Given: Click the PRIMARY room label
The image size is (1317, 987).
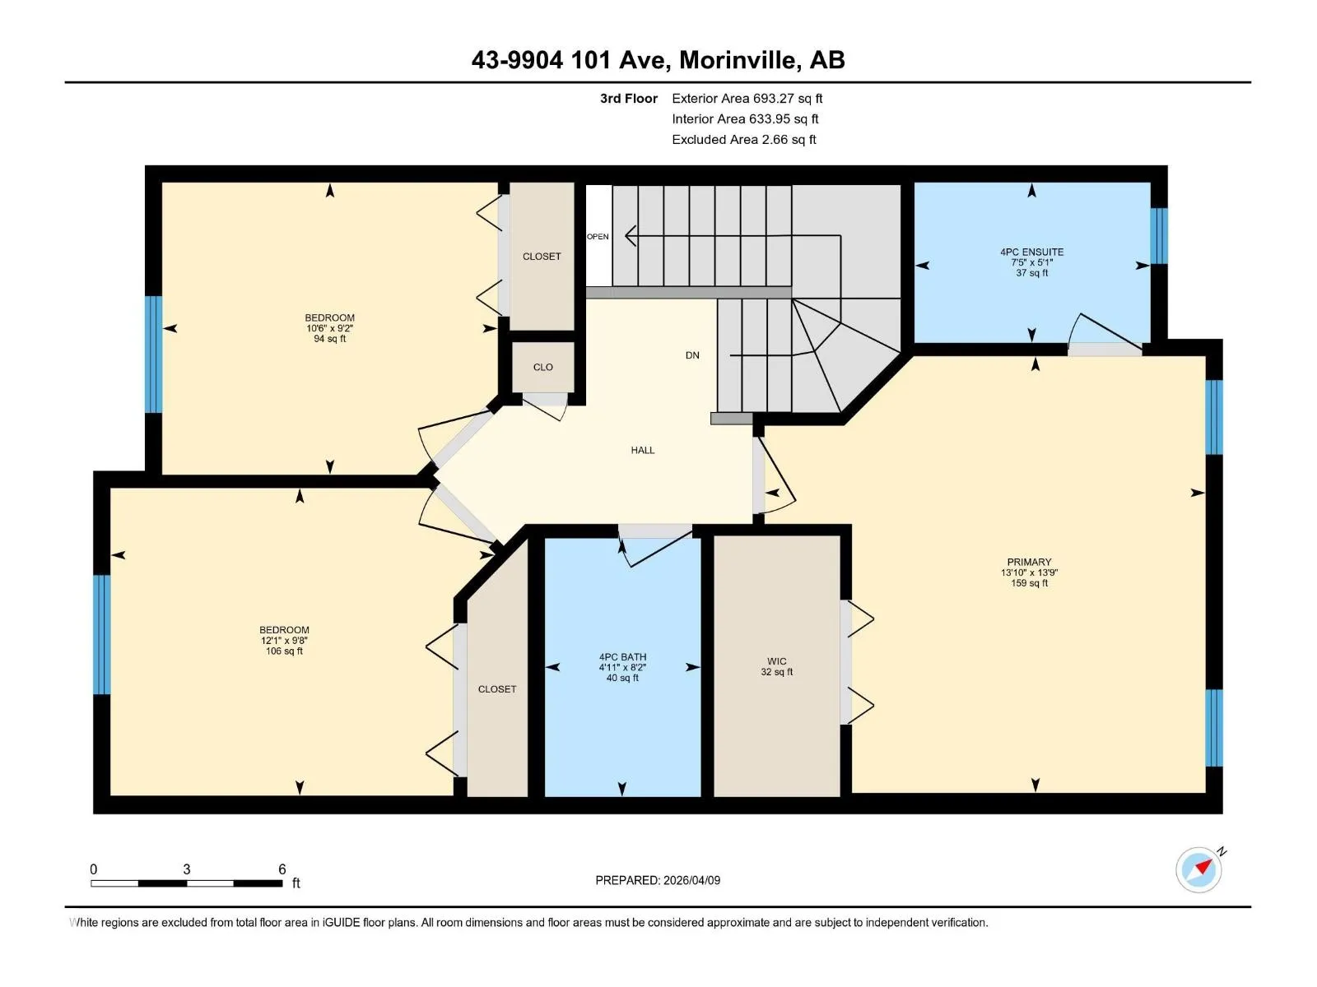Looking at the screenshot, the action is point(1028,562).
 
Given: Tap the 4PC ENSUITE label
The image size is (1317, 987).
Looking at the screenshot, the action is point(1031,253).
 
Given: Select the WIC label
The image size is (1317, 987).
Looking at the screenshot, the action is point(776,661).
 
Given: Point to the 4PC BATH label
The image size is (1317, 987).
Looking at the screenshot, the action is point(622,657).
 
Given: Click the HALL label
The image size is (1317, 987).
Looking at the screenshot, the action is point(643,450).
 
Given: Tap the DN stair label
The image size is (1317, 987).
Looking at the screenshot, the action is point(692,355).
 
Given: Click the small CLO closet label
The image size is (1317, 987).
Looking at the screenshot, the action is point(543,368).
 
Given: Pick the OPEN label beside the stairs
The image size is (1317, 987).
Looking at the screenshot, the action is point(598,237).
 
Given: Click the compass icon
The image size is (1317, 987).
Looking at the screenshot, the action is point(1198,870).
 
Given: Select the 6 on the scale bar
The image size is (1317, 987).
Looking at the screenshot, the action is point(282,869).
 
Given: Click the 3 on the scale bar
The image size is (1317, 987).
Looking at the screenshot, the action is point(187,869).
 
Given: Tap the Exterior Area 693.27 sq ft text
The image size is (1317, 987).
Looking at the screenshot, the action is point(747,98).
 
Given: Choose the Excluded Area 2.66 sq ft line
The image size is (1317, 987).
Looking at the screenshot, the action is point(744,140).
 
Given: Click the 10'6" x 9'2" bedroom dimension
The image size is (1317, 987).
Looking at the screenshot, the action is point(329,328).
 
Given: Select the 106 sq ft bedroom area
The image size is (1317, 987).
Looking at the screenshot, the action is point(284,651).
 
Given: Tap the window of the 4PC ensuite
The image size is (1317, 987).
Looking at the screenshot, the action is point(1159,235).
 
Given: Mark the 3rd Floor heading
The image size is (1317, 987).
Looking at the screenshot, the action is point(629,98).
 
